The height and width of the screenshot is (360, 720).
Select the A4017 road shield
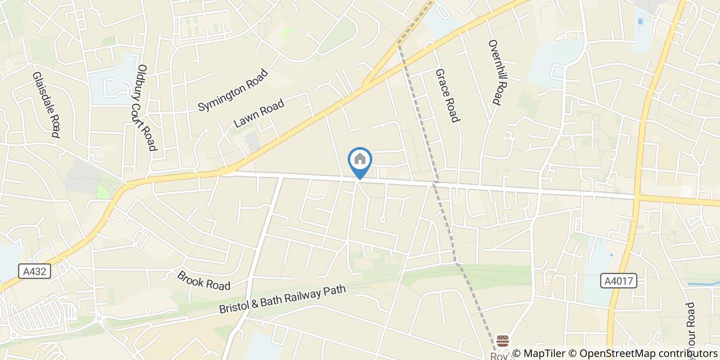619,281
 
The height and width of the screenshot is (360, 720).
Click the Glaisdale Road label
46,104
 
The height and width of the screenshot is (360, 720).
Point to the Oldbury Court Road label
147,107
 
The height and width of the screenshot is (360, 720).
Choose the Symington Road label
233,91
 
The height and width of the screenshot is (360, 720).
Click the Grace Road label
447,96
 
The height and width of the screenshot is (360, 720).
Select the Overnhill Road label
494,73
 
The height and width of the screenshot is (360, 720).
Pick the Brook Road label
204,280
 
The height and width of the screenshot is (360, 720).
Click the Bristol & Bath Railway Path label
282,300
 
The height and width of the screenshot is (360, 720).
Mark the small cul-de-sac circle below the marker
382,220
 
